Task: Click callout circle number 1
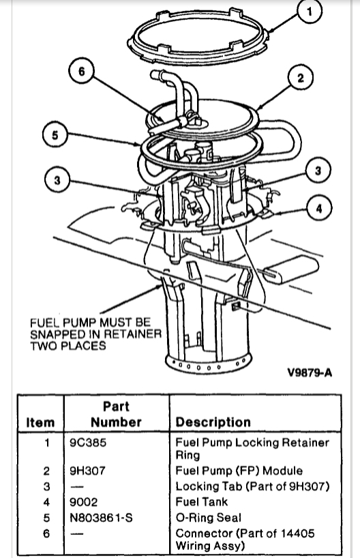310,12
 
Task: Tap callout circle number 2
301,78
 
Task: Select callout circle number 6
81,72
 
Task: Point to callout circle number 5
55,135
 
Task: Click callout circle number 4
318,208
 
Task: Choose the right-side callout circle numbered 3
318,171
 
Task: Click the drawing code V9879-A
310,372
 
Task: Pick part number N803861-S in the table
101,518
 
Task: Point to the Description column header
213,422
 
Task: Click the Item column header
40,422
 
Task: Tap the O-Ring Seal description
209,518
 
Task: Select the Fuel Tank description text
201,502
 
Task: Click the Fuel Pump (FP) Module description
239,471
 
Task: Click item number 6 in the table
46,533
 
